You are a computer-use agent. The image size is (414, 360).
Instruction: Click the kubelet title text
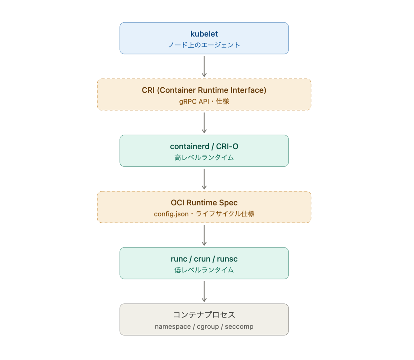(x=204, y=34)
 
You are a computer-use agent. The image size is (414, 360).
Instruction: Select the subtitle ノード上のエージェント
(x=204, y=45)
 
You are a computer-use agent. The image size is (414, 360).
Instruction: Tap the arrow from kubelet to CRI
(x=204, y=66)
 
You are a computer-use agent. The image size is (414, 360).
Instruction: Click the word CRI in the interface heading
(x=148, y=90)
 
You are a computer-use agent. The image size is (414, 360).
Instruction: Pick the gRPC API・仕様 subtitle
(x=204, y=101)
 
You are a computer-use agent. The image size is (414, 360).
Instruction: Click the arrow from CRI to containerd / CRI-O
(x=204, y=123)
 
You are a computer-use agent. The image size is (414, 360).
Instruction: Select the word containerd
(x=190, y=146)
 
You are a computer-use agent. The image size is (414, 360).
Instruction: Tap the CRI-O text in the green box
(x=227, y=146)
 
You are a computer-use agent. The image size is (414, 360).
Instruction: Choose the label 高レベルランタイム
(x=204, y=157)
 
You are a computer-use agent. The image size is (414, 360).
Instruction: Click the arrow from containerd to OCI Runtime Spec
(x=204, y=179)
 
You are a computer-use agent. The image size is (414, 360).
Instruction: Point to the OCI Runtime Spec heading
(x=204, y=203)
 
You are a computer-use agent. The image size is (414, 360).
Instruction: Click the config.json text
(x=171, y=214)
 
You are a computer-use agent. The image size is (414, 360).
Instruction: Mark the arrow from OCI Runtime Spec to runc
(x=204, y=235)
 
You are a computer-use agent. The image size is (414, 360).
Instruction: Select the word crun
(x=202, y=259)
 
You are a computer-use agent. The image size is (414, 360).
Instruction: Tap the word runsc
(x=227, y=259)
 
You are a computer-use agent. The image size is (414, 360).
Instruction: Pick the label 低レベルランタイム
(x=204, y=270)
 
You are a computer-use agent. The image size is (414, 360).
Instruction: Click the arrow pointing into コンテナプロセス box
(x=204, y=291)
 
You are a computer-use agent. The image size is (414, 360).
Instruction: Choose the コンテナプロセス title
(x=204, y=315)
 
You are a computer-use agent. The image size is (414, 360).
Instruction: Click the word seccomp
(x=239, y=327)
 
